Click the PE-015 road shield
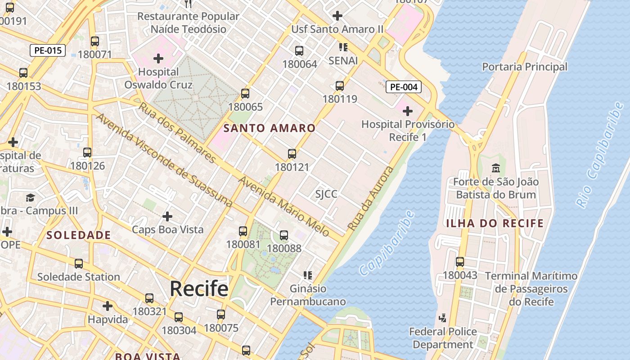48,50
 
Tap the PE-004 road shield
404,87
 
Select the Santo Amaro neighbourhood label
270,128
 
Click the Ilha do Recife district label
495,223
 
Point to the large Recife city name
199,288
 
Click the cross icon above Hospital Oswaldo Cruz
158,58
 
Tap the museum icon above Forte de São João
495,168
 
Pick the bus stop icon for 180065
245,94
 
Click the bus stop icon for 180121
292,154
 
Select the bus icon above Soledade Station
79,263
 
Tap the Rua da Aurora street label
371,198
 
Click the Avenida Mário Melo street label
284,207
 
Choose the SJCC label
326,194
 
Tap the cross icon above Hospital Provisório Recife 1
408,111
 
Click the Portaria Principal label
525,67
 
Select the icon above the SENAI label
343,47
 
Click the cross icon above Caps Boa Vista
167,216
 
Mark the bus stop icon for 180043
460,261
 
